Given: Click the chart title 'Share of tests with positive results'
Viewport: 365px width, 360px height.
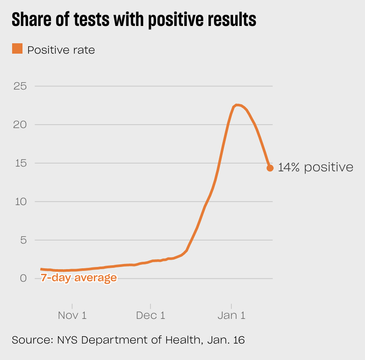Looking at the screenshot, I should (134, 20).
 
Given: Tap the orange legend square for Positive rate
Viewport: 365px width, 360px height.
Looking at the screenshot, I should (17, 49).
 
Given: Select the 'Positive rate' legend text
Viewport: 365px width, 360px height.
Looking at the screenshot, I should (61, 50).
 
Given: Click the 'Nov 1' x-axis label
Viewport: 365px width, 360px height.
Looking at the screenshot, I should (72, 315).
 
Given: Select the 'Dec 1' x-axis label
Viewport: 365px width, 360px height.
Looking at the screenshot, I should (150, 315).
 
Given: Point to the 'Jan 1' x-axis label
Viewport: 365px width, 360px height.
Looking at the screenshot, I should (231, 315).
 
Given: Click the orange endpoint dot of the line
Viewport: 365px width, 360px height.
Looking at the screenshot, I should (270, 168).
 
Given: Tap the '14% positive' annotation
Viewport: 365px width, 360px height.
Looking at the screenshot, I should (315, 167).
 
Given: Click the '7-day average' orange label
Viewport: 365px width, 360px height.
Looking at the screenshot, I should (79, 278).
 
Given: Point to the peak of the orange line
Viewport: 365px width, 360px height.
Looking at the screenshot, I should (237, 105).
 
